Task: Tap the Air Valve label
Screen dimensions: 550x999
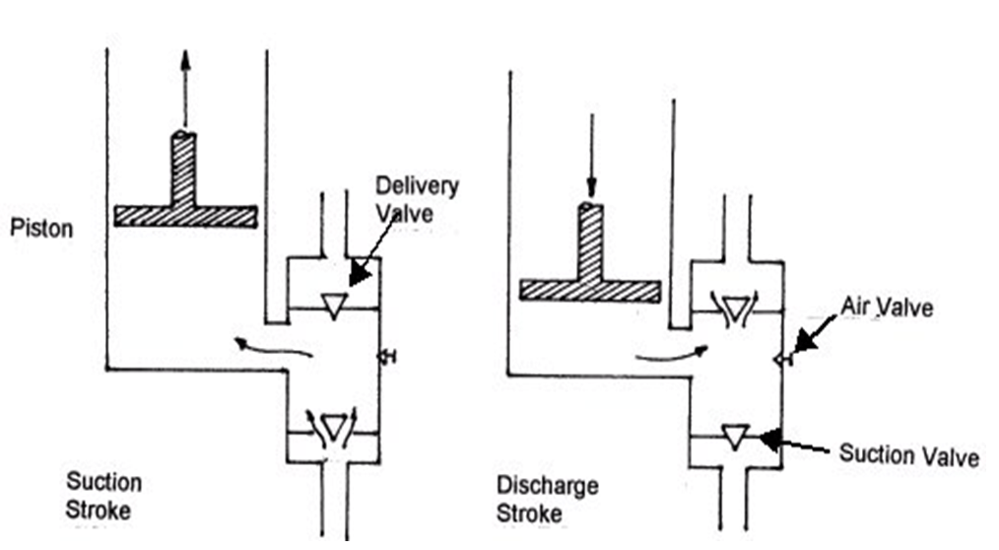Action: pyautogui.click(x=886, y=309)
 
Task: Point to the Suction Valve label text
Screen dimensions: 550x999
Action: pyautogui.click(x=908, y=455)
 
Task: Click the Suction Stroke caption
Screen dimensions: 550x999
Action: pyautogui.click(x=103, y=496)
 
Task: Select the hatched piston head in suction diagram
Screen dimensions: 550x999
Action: pyautogui.click(x=185, y=216)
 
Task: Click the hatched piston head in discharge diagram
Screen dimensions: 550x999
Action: pyautogui.click(x=590, y=290)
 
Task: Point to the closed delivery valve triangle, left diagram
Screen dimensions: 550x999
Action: pyautogui.click(x=333, y=308)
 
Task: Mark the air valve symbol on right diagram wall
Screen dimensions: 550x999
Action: pyautogui.click(x=782, y=361)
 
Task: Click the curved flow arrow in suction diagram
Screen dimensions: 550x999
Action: pyautogui.click(x=271, y=346)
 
